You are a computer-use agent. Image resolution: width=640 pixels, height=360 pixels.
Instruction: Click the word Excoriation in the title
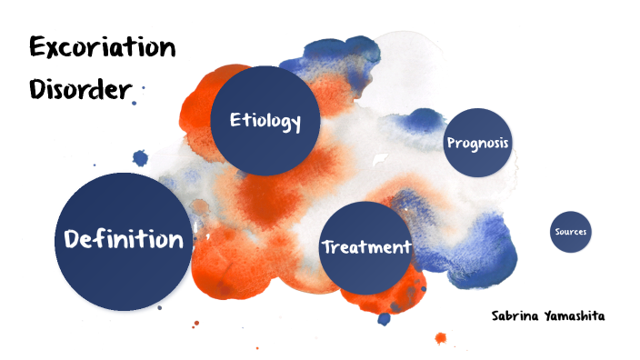(x=102, y=48)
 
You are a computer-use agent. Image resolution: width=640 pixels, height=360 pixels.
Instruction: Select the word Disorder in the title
(x=81, y=88)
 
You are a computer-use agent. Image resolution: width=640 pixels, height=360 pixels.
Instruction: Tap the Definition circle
(x=123, y=240)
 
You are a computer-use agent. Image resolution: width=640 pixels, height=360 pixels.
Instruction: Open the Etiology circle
(x=265, y=121)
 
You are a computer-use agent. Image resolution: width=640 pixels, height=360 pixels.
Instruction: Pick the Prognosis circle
(x=478, y=144)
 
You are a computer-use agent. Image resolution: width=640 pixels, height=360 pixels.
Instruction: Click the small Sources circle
(x=571, y=232)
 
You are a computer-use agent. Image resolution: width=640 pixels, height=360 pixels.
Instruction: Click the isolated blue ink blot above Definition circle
(x=141, y=156)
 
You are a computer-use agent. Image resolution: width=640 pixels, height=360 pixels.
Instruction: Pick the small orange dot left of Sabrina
(x=441, y=338)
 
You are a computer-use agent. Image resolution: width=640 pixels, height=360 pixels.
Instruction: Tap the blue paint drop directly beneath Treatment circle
(x=385, y=318)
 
